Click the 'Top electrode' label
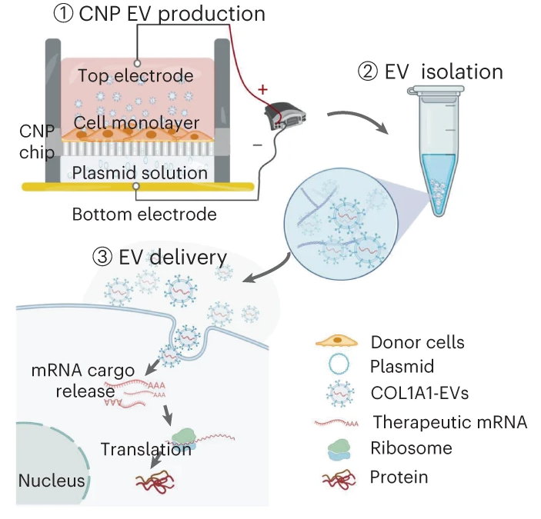point(135,75)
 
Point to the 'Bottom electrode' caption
point(143,215)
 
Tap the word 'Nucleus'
point(51,482)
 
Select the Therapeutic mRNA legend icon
point(337,421)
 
